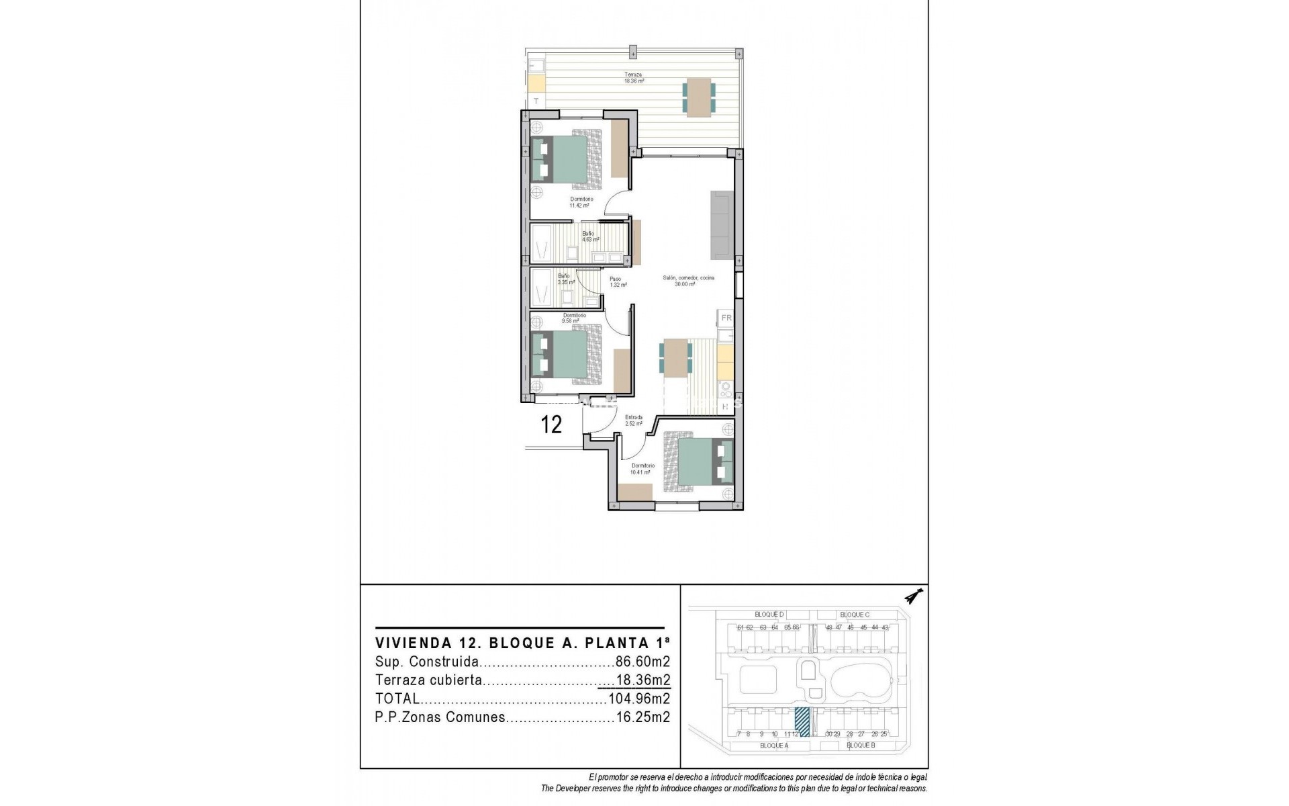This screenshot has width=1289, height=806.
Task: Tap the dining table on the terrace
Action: [x=699, y=98]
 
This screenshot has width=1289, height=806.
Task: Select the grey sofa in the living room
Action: [x=722, y=225]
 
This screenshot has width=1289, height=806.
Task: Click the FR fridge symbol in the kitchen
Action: [x=726, y=318]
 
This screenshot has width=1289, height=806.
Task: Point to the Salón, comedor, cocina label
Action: [x=688, y=281]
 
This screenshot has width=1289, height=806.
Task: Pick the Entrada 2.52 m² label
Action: [x=634, y=420]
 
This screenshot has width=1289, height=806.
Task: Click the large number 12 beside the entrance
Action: [x=551, y=424]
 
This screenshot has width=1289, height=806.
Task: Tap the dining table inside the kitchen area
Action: [x=675, y=357]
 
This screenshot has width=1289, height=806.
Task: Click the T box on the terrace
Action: [x=536, y=101]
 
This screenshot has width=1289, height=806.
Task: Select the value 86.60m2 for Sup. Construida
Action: [x=642, y=662]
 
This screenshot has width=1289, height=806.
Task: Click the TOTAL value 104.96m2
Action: [x=638, y=699]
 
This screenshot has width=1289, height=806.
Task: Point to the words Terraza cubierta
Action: [x=428, y=680]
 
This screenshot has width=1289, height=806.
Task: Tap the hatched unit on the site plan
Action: [x=802, y=722]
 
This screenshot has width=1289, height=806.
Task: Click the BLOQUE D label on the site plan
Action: [x=769, y=615]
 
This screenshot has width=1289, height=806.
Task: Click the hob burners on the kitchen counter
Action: [x=726, y=388]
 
